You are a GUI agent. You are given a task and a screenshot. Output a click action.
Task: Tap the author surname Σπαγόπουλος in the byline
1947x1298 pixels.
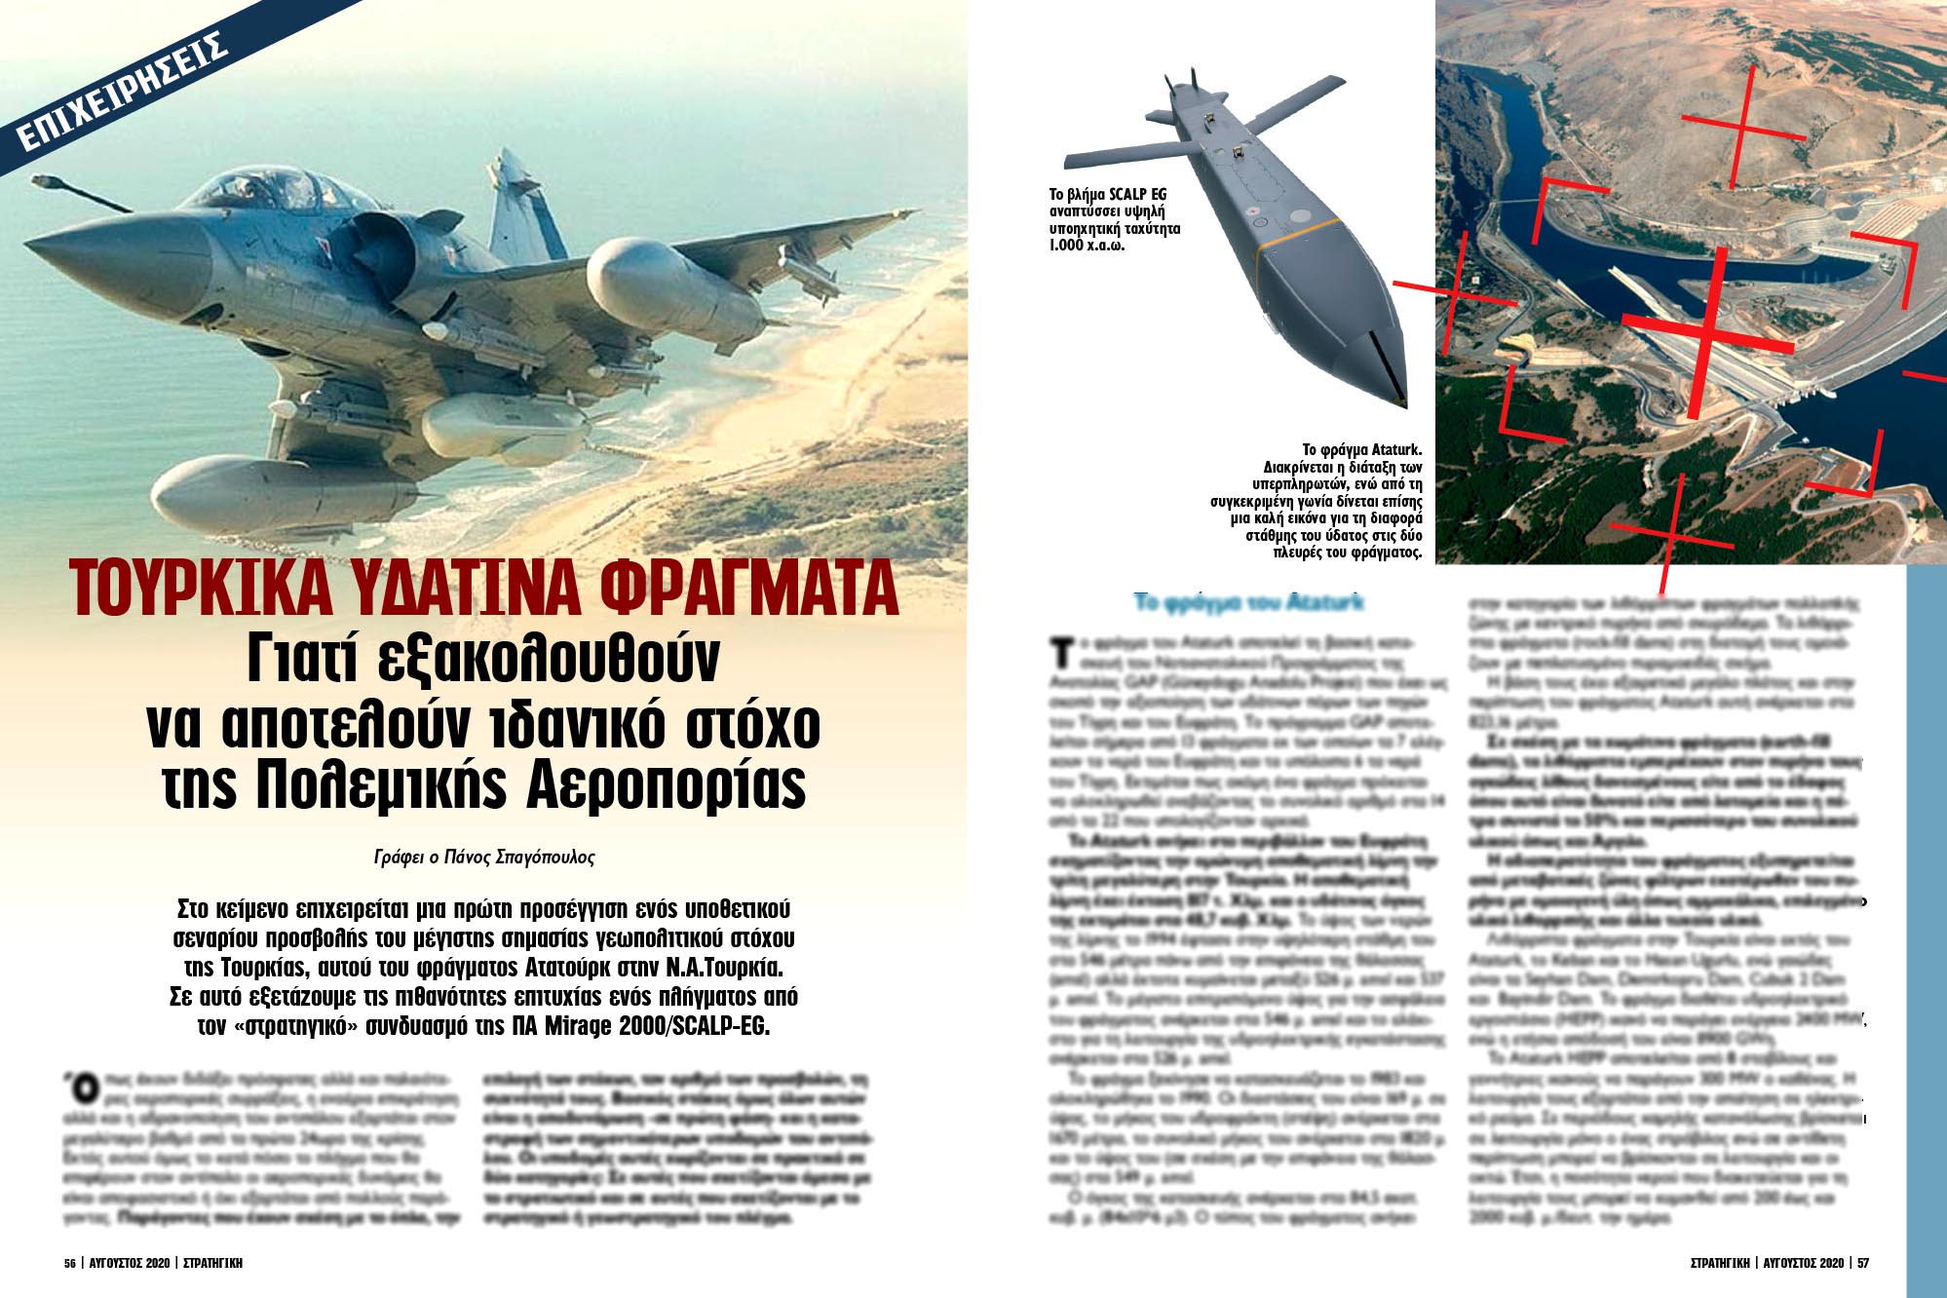[x=545, y=858]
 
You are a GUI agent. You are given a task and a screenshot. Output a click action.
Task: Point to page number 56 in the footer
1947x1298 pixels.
[x=70, y=1263]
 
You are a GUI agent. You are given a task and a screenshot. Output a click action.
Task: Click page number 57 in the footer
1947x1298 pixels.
[x=1863, y=1263]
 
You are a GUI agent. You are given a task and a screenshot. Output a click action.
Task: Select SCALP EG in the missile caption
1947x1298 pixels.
[x=1137, y=195]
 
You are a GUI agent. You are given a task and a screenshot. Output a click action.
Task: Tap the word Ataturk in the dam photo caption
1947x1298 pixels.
[x=1396, y=450]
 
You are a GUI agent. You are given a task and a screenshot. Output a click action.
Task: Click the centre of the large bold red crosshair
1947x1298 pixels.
[x=1707, y=331]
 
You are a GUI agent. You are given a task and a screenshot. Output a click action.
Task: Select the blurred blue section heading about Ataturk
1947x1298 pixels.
[x=1248, y=602]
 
